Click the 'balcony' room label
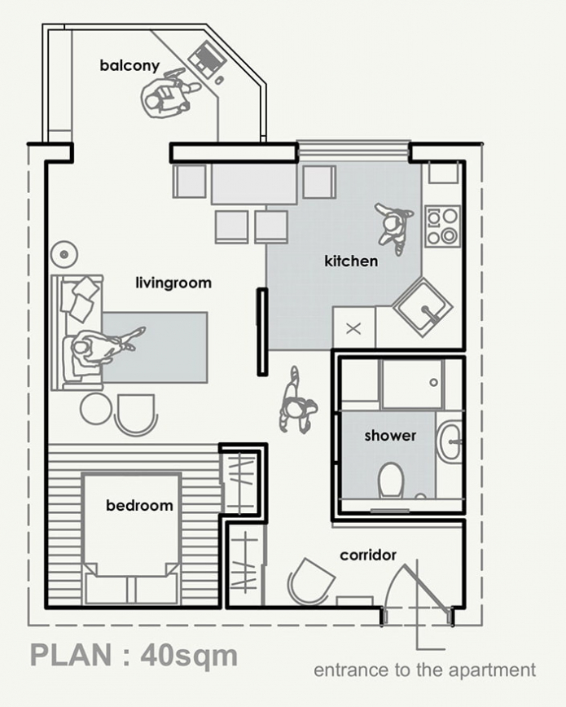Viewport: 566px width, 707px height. [129, 64]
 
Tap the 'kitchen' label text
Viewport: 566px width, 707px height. [351, 261]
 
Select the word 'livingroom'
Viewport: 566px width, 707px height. [173, 283]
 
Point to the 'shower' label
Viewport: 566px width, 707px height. [390, 436]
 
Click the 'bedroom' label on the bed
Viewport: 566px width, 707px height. [139, 506]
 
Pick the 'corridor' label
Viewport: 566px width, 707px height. [368, 555]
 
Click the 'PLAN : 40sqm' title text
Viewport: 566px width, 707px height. [134, 655]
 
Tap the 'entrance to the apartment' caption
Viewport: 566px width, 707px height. [424, 670]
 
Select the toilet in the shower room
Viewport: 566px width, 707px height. [391, 479]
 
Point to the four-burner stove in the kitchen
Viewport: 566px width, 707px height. [443, 226]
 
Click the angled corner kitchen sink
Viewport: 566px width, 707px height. [423, 307]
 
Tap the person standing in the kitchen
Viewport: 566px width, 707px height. [393, 223]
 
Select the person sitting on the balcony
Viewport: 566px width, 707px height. [169, 94]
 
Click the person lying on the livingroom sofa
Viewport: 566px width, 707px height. [100, 348]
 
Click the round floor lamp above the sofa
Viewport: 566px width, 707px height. [64, 254]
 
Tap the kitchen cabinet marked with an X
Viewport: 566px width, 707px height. [354, 328]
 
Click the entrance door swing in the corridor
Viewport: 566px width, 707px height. [417, 588]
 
